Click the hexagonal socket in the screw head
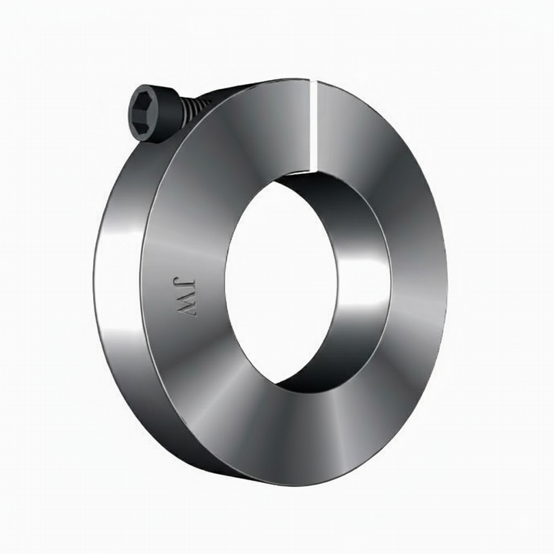tap(145, 112)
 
